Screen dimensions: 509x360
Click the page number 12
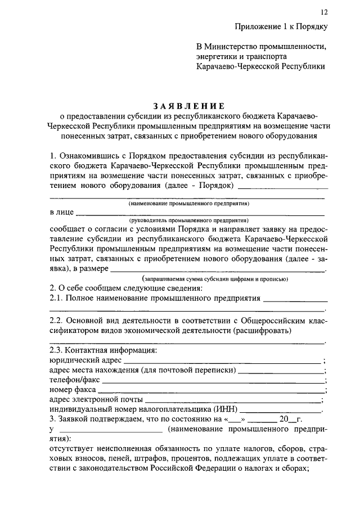pyautogui.click(x=324, y=12)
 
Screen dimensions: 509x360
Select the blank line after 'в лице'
pyautogui.click(x=200, y=214)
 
